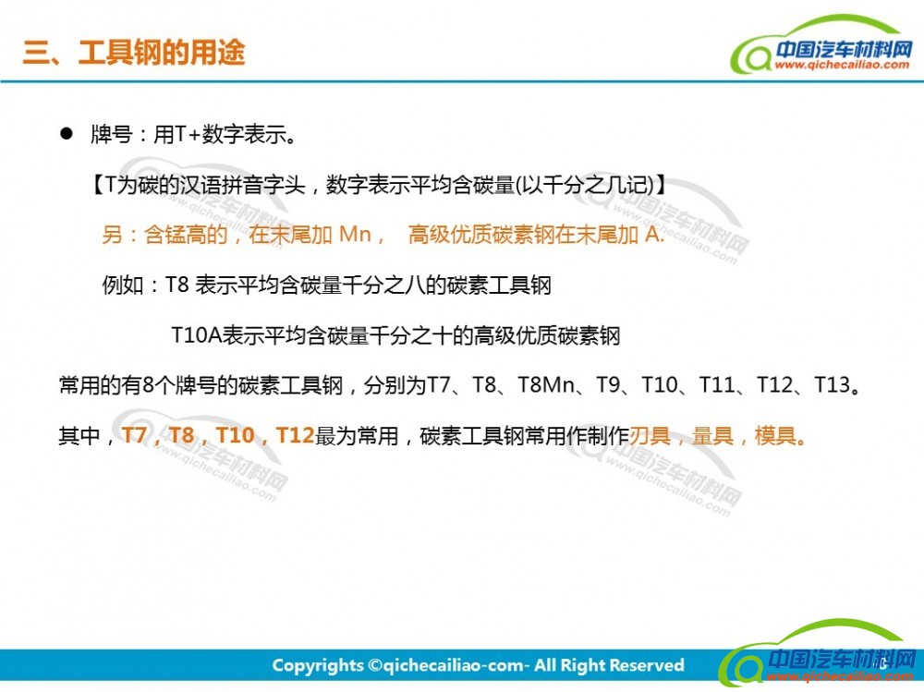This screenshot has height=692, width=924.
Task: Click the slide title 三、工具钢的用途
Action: point(133,53)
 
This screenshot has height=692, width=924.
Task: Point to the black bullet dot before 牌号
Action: point(66,134)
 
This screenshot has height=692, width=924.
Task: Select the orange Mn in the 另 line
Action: point(356,235)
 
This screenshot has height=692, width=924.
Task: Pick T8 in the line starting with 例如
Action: point(176,285)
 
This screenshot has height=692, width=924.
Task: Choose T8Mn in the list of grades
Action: point(546,385)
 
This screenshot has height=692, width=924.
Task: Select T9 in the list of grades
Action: point(608,385)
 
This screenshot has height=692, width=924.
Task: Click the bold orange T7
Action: point(134,435)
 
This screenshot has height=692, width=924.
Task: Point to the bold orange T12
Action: point(296,435)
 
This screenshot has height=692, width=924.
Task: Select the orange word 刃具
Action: point(650,435)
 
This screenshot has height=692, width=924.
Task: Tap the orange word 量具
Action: point(713,435)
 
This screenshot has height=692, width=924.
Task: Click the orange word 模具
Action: point(775,435)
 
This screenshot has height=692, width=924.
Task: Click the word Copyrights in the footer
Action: point(318,665)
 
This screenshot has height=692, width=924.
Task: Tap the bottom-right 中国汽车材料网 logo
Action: point(819,654)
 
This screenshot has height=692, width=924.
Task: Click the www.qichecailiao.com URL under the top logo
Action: point(842,65)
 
